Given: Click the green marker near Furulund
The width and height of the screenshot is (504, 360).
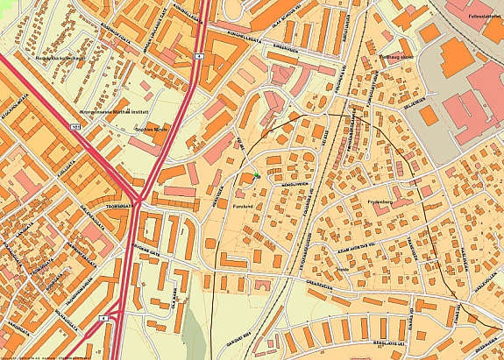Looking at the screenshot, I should coord(256,178).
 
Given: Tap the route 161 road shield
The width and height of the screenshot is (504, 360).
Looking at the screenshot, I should coord(75,128).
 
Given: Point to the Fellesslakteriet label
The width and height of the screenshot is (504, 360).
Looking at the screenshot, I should coord(481,16).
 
